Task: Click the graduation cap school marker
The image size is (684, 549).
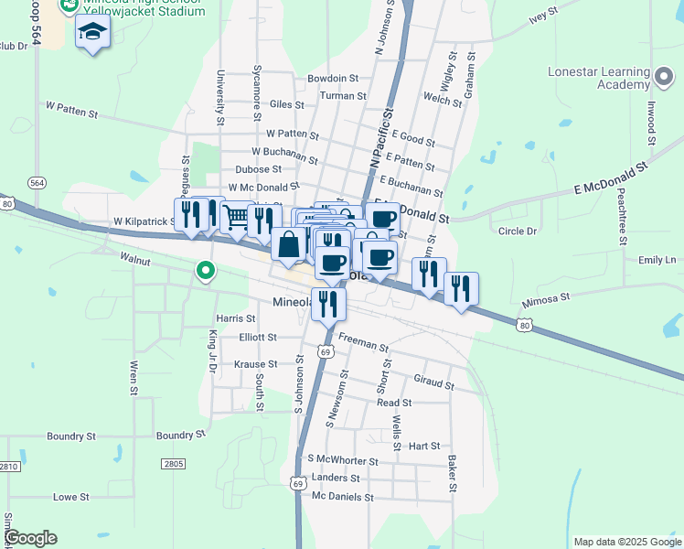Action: [x=91, y=34]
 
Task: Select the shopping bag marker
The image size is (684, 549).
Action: [x=288, y=244]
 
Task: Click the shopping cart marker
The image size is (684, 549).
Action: [x=236, y=217]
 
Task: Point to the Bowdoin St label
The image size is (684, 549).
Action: [x=333, y=79]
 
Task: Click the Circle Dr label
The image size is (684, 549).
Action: [x=518, y=231]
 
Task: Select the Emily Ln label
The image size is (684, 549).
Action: [x=657, y=260]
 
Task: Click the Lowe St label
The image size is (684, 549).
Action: [x=70, y=497]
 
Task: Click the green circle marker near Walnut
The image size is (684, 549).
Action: [x=206, y=270]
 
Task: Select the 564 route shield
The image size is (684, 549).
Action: [x=37, y=183]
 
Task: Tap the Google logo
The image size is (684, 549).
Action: [x=30, y=538]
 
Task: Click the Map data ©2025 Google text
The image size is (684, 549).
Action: [x=626, y=542]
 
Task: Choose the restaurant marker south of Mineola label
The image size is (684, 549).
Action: [x=328, y=303]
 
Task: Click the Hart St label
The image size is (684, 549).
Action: [x=424, y=447]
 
